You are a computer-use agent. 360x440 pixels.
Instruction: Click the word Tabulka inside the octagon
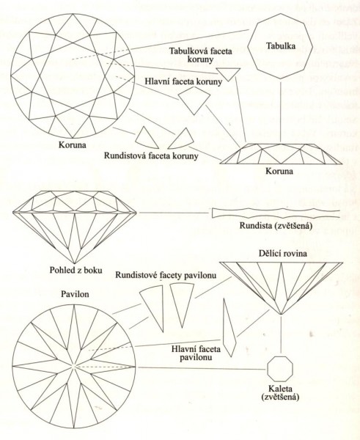tap(281, 45)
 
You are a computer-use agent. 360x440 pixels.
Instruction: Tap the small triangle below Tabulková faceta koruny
tap(229, 73)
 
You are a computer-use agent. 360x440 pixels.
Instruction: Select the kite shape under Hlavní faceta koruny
tap(194, 100)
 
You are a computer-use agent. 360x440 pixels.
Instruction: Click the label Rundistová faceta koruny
tap(151, 155)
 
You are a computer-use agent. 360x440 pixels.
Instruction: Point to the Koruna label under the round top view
tap(72, 144)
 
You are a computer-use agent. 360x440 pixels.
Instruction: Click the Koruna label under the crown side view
tap(279, 171)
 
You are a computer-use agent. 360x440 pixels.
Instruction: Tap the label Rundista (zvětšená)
tap(276, 225)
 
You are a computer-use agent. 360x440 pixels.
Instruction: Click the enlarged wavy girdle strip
tap(276, 213)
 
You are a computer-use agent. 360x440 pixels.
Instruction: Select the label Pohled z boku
tap(76, 270)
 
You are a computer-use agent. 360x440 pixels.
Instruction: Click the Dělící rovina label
tap(282, 254)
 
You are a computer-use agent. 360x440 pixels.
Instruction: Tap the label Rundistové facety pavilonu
tap(166, 275)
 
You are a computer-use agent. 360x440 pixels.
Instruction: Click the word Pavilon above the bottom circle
tap(75, 294)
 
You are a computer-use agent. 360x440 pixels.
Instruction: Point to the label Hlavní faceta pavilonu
tap(196, 353)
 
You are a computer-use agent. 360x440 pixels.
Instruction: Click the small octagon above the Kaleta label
tap(280, 368)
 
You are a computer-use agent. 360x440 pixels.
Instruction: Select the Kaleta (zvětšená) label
tap(280, 393)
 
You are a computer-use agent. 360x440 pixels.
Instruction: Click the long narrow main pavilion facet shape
tap(229, 328)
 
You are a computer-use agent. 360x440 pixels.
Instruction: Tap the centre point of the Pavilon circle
tap(74, 367)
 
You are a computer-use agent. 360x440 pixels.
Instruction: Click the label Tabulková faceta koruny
tap(201, 55)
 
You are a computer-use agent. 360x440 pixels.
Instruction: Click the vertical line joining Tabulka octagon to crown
tap(281, 111)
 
